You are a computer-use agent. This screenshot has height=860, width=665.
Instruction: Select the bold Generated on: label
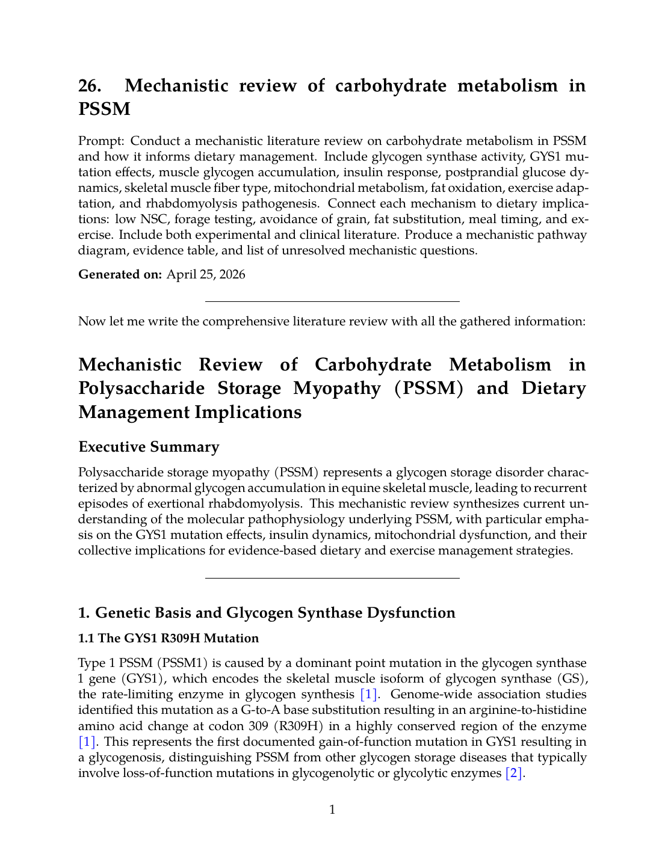coord(120,275)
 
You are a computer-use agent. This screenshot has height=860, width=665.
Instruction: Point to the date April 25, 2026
coord(206,275)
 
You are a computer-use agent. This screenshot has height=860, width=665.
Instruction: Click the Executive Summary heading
coord(149,447)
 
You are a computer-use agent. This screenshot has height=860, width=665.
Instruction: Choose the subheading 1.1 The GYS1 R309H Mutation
coord(169,638)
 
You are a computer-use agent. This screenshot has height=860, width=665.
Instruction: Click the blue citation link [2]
coord(515,773)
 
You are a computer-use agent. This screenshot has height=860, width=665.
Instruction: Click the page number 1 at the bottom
coord(332,810)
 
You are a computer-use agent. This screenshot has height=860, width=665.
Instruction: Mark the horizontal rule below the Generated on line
coord(332,301)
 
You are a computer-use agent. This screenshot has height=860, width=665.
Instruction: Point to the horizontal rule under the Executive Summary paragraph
coord(332,578)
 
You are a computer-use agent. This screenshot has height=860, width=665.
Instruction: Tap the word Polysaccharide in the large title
coord(180,389)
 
